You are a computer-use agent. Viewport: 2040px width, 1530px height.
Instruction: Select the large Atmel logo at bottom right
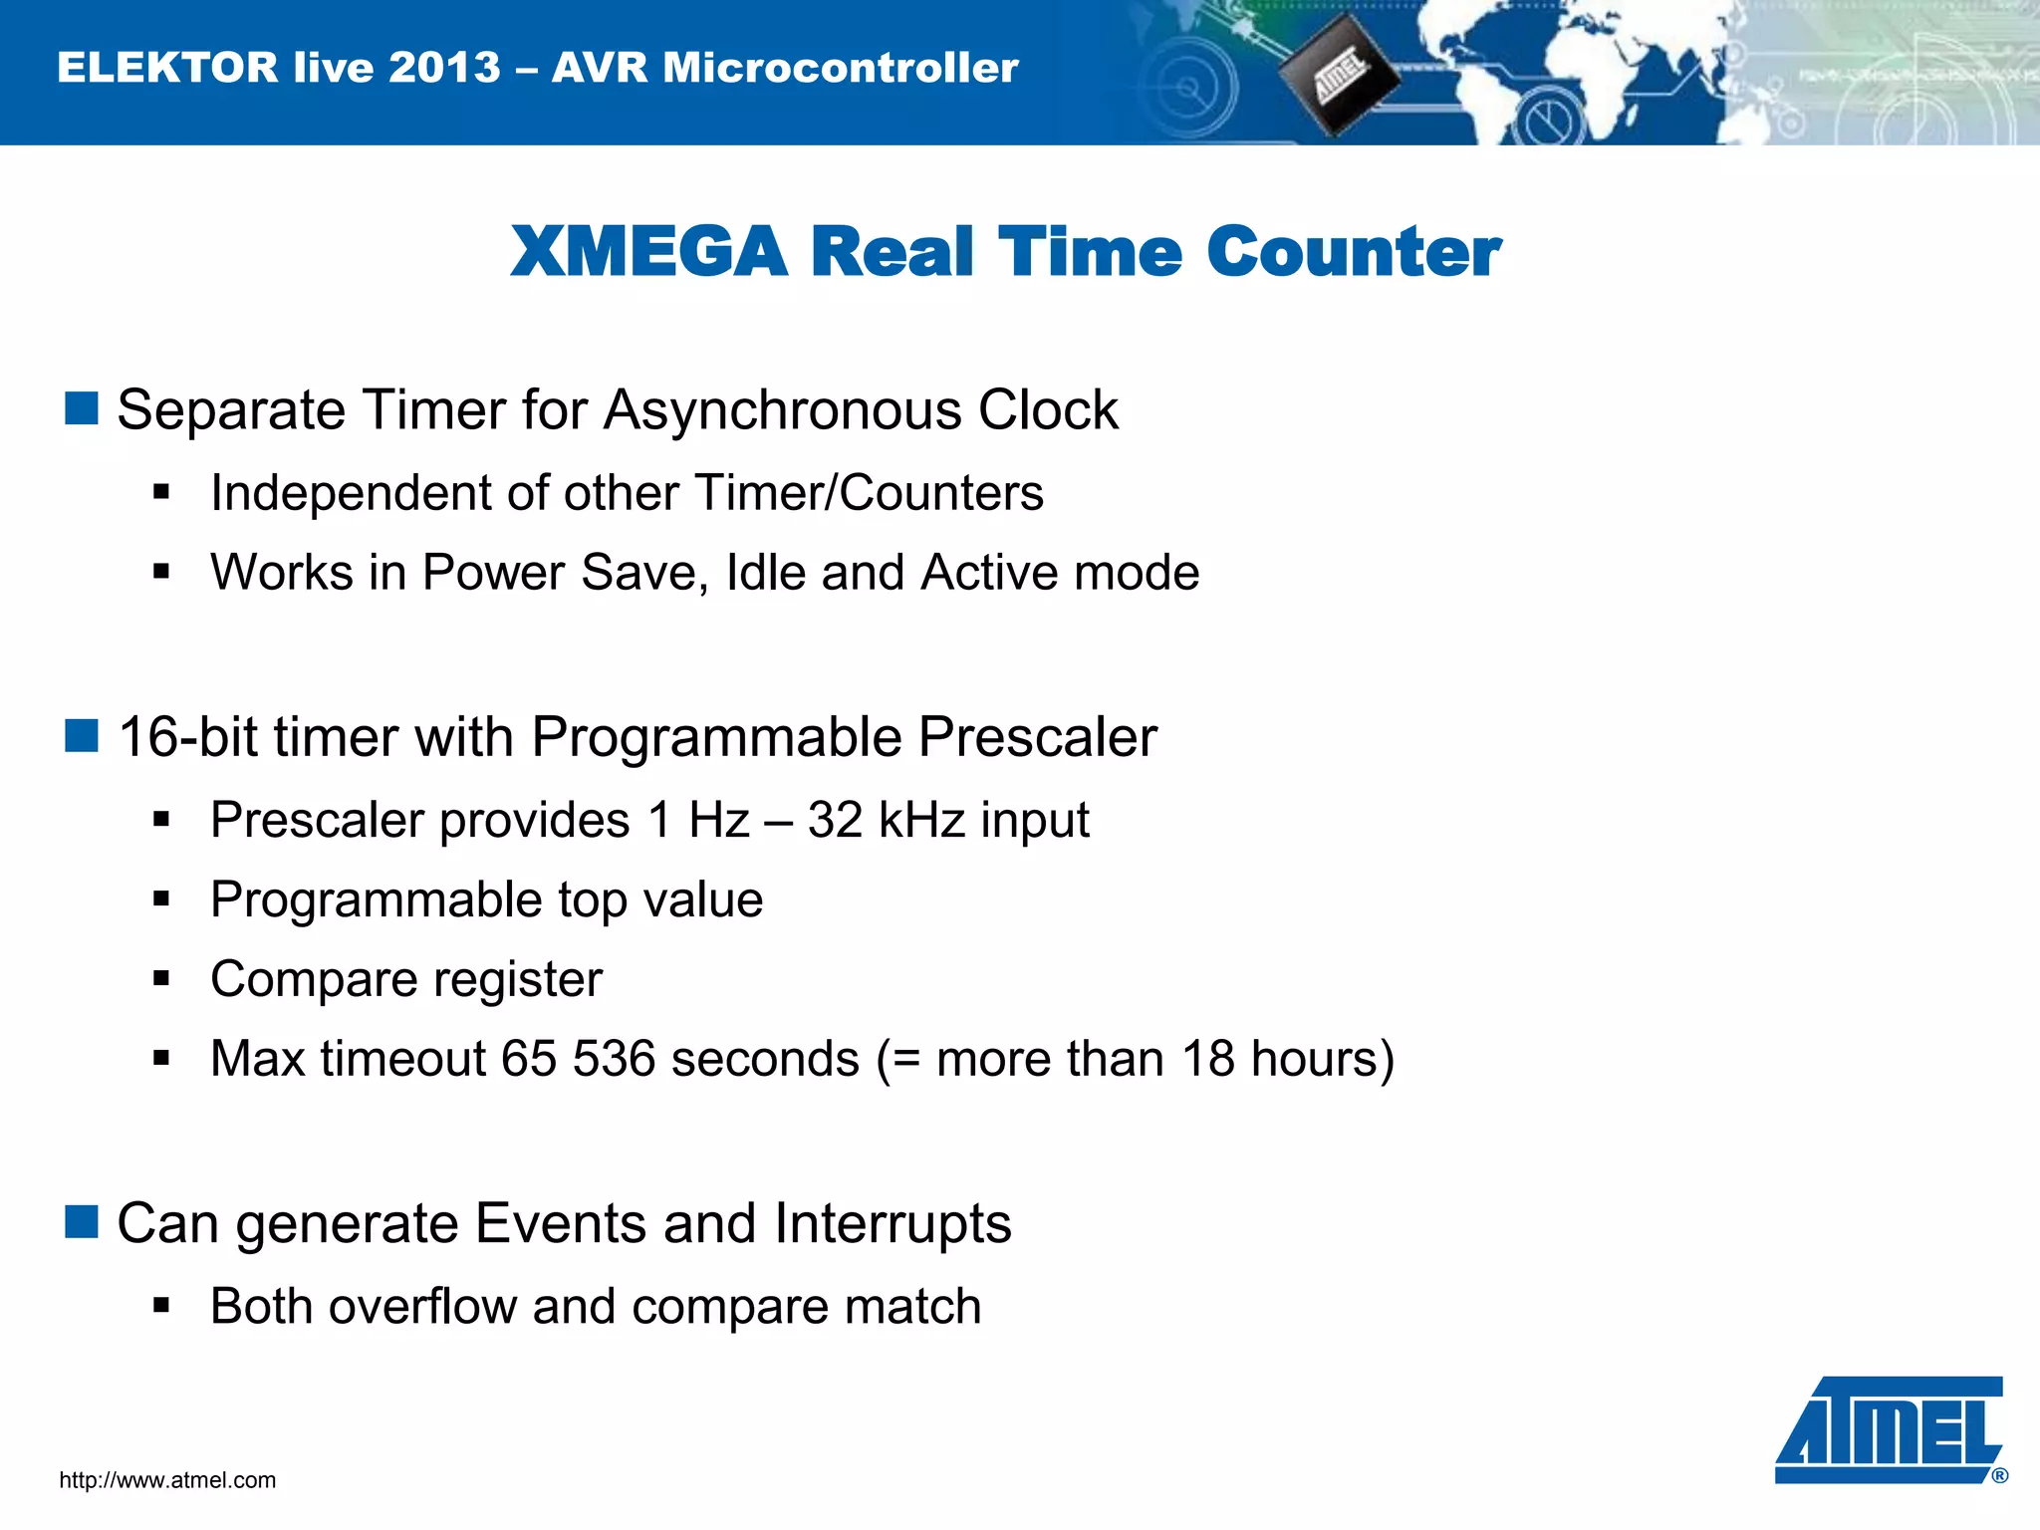pyautogui.click(x=1889, y=1429)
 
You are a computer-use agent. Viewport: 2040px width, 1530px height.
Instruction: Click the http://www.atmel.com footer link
pyautogui.click(x=167, y=1480)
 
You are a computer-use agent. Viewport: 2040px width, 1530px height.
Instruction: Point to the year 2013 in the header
pyautogui.click(x=444, y=68)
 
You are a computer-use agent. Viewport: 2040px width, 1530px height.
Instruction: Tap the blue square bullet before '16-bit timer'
pyautogui.click(x=82, y=736)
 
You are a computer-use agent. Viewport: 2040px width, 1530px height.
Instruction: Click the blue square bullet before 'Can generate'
pyautogui.click(x=82, y=1222)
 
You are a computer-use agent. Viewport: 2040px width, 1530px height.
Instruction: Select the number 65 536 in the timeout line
pyautogui.click(x=578, y=1059)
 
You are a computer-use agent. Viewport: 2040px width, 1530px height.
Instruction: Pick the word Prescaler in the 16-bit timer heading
pyautogui.click(x=1037, y=738)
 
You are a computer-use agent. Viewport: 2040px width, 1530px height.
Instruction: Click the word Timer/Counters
pyautogui.click(x=869, y=493)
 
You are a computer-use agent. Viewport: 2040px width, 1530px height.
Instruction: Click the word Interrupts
pyautogui.click(x=892, y=1224)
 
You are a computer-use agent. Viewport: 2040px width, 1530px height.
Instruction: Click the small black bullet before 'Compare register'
pyautogui.click(x=162, y=978)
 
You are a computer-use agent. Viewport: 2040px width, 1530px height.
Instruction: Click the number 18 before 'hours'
pyautogui.click(x=1207, y=1059)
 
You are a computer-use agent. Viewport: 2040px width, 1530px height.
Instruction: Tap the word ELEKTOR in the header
pyautogui.click(x=167, y=68)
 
